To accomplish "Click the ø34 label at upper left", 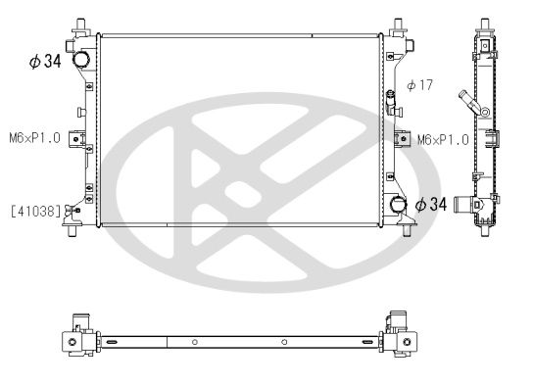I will point(45,63).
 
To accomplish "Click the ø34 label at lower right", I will point(433,205).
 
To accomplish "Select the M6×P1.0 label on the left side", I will point(35,138).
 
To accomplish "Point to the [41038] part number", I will point(35,210).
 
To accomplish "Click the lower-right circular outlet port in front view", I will point(399,204).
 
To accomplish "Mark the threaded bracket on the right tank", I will point(401,139).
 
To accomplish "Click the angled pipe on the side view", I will point(463,101).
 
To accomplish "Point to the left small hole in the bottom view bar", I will point(195,342).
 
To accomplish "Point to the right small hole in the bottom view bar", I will point(283,342).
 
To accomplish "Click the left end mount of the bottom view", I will point(73,339).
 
